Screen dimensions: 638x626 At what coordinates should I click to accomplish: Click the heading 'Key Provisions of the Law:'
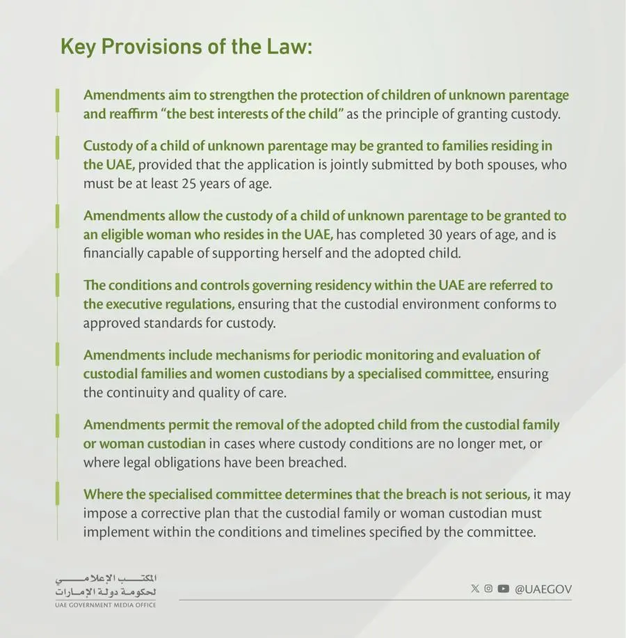(186, 47)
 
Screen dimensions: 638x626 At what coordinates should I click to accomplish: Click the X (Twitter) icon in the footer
(475, 589)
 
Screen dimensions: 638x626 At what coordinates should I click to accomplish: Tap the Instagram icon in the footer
(488, 589)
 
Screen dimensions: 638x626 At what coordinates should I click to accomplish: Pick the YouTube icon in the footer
(503, 589)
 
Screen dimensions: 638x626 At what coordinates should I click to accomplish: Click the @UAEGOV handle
(543, 589)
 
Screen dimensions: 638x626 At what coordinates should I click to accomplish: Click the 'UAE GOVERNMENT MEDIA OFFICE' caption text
(105, 605)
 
